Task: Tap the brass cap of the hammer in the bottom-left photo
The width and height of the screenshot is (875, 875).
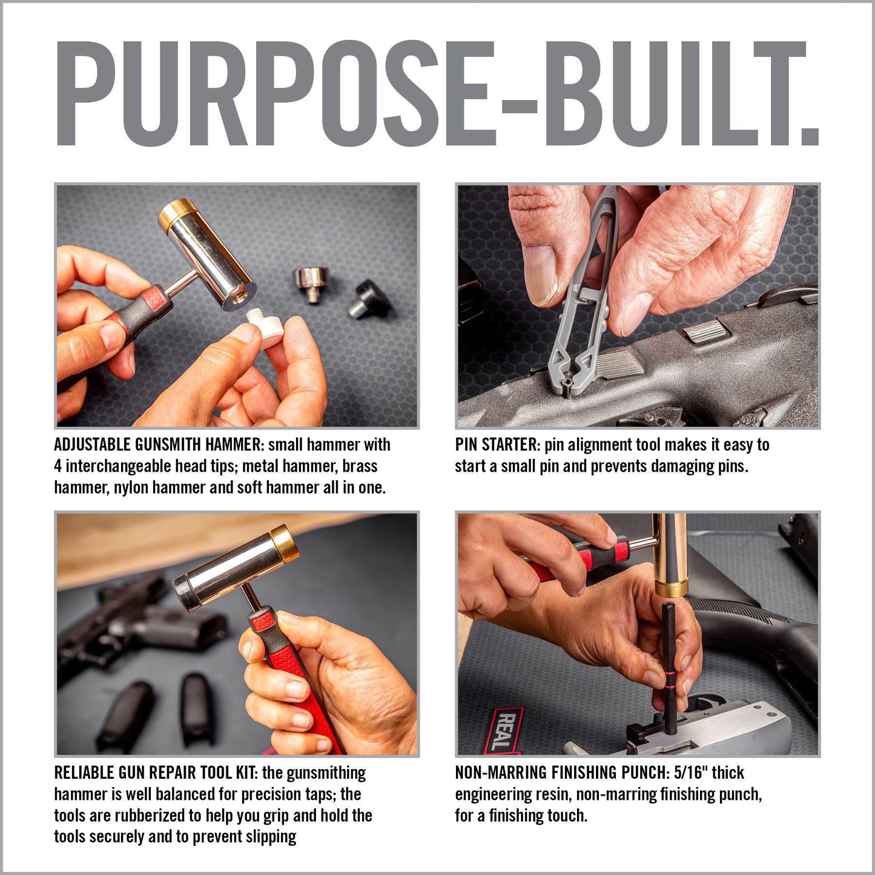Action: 282,541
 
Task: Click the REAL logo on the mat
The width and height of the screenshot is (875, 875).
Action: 506,730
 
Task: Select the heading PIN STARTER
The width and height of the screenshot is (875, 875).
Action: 497,445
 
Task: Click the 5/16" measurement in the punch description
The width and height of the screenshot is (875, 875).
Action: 690,773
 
